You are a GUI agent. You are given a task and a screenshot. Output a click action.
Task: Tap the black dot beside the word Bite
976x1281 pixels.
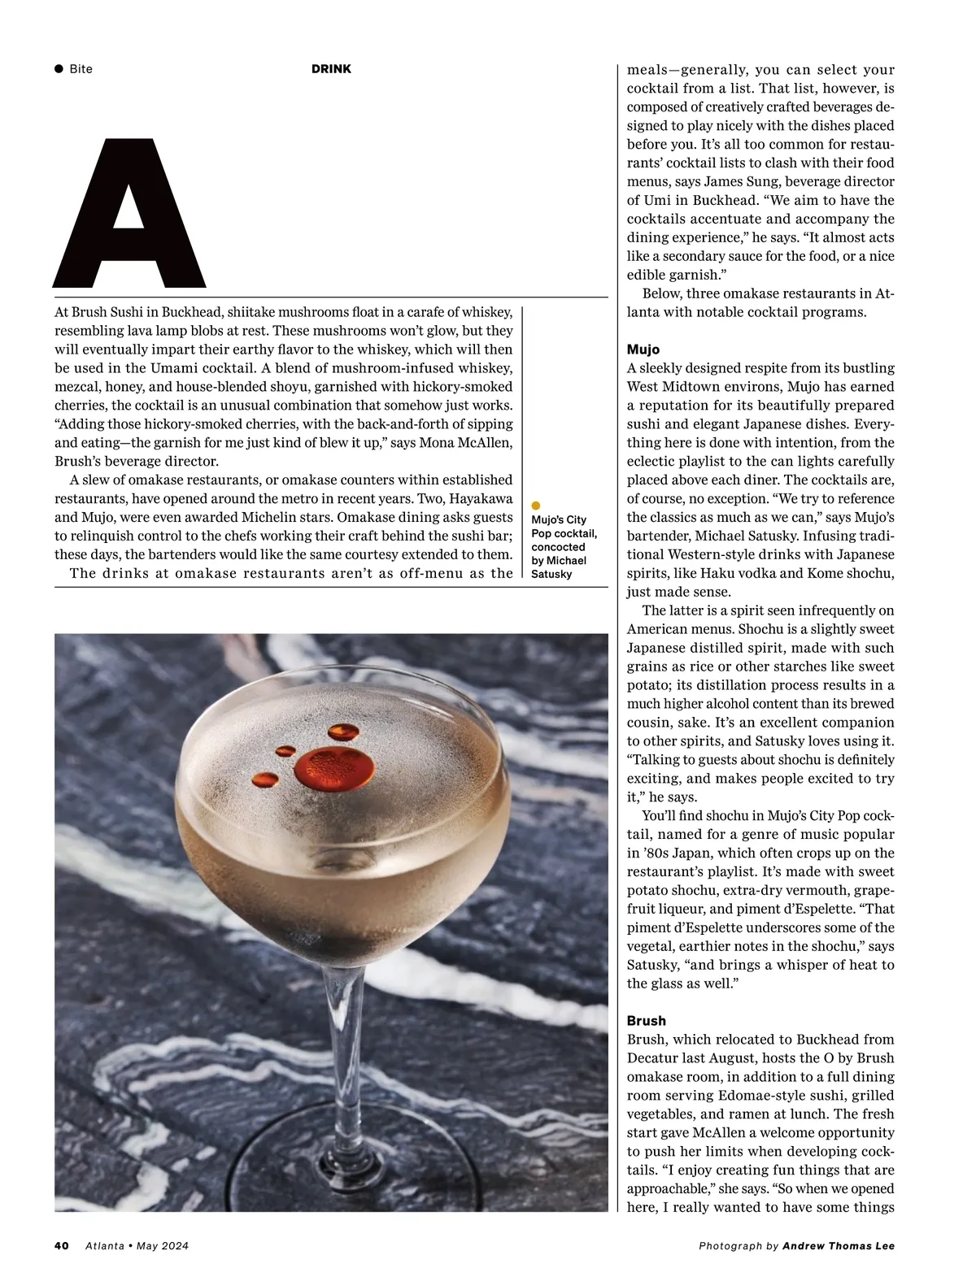coord(59,69)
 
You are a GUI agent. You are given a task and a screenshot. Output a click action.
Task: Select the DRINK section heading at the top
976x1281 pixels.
coord(331,69)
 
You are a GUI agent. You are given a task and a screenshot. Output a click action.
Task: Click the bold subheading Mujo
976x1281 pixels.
coord(643,350)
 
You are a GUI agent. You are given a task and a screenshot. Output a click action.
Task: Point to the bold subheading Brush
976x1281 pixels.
coord(646,1021)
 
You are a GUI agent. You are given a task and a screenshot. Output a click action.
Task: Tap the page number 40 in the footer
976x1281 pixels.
coord(62,1246)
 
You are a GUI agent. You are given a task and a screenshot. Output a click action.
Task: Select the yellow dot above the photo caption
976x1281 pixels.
coord(535,506)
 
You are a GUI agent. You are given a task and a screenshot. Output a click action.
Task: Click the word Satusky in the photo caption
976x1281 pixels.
coord(551,574)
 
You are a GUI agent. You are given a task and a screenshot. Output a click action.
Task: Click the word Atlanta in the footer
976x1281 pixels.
coord(105,1246)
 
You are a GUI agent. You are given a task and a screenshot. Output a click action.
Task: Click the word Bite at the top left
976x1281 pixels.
coord(81,69)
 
